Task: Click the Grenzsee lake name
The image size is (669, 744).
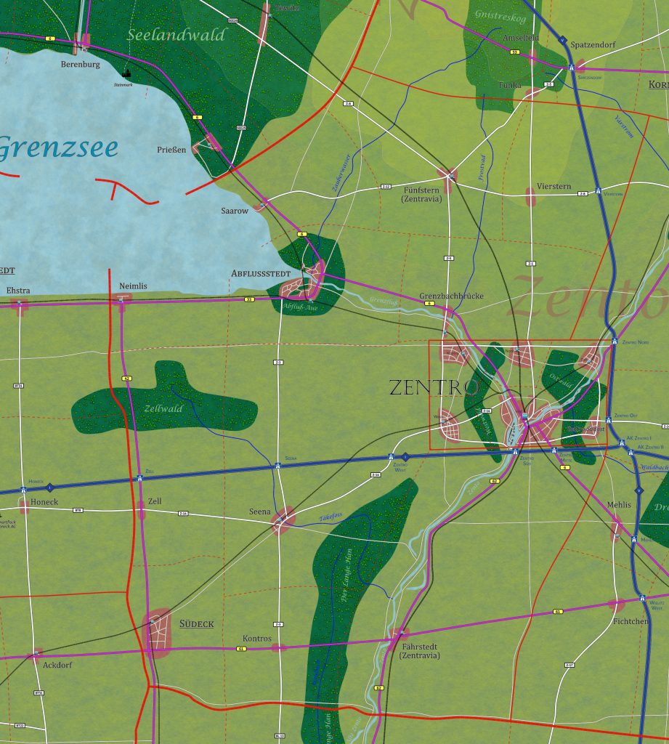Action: pyautogui.click(x=58, y=147)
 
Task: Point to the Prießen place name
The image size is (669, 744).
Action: pyautogui.click(x=171, y=150)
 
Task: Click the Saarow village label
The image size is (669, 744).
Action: pyautogui.click(x=235, y=211)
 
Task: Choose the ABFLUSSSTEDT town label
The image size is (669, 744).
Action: pyautogui.click(x=260, y=274)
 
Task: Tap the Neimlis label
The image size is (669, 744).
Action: pyautogui.click(x=133, y=286)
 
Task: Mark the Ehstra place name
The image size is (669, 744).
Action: pyautogui.click(x=18, y=291)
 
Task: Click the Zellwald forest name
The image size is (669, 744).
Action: pyautogui.click(x=163, y=409)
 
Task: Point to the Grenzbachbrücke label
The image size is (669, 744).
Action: pyautogui.click(x=451, y=296)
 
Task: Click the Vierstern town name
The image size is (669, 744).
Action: pyautogui.click(x=554, y=186)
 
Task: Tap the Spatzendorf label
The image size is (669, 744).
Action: pyautogui.click(x=593, y=45)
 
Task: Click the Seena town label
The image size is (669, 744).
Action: pyautogui.click(x=260, y=511)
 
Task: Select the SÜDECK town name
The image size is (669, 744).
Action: pyautogui.click(x=197, y=624)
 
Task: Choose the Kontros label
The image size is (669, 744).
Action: pyautogui.click(x=256, y=639)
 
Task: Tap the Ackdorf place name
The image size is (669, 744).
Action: pyautogui.click(x=57, y=664)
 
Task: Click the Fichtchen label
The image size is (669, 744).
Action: pyautogui.click(x=630, y=622)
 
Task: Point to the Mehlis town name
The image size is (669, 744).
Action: pyautogui.click(x=619, y=504)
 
